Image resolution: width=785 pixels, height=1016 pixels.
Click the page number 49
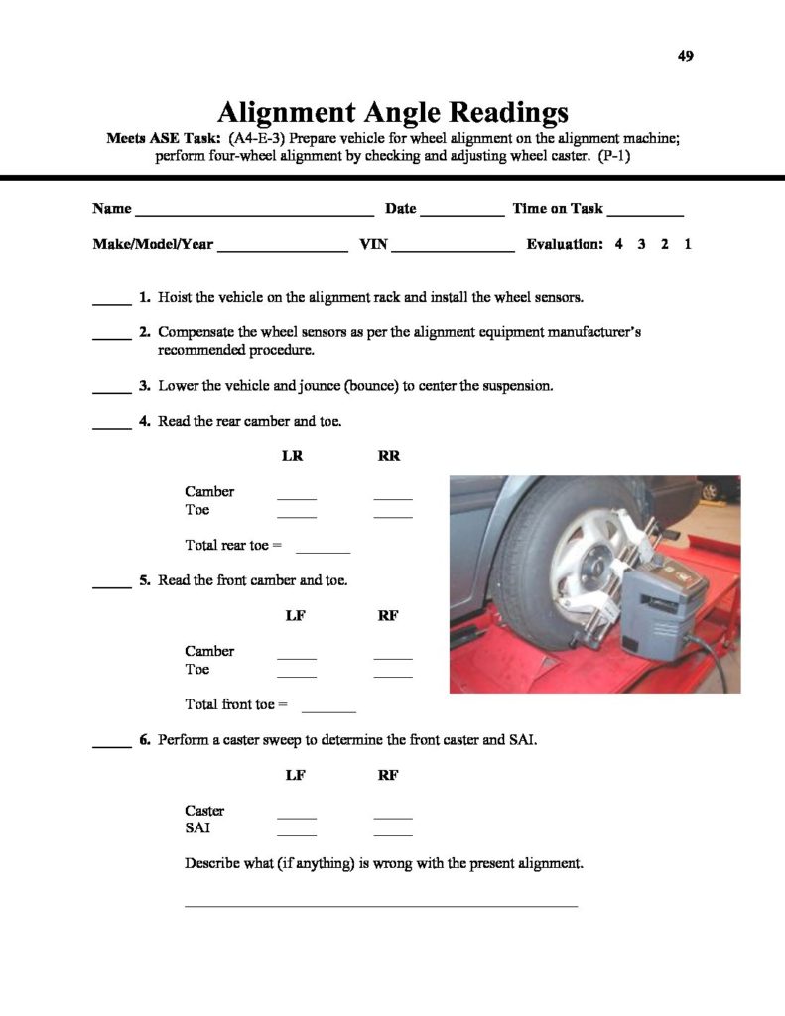(x=685, y=56)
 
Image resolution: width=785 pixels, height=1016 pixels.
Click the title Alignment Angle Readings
(x=392, y=110)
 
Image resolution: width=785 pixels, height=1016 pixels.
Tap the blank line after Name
(x=254, y=212)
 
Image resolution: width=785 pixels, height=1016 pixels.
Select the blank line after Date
(x=461, y=212)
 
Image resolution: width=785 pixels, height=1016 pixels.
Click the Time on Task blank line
(x=644, y=212)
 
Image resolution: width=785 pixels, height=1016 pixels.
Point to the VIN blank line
(x=453, y=248)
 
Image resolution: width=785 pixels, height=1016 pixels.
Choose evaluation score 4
(x=618, y=244)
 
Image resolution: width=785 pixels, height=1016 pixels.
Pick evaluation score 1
(x=687, y=244)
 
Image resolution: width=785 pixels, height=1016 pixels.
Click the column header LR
(x=294, y=456)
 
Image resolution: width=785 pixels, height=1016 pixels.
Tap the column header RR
(x=388, y=456)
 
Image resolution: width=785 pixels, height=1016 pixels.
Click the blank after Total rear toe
(x=323, y=550)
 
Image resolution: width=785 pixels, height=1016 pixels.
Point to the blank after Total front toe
(x=327, y=709)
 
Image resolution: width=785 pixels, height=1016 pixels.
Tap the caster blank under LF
(x=296, y=816)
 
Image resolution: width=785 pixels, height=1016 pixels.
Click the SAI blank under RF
(x=393, y=833)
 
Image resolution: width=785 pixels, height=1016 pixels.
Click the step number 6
(x=144, y=740)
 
